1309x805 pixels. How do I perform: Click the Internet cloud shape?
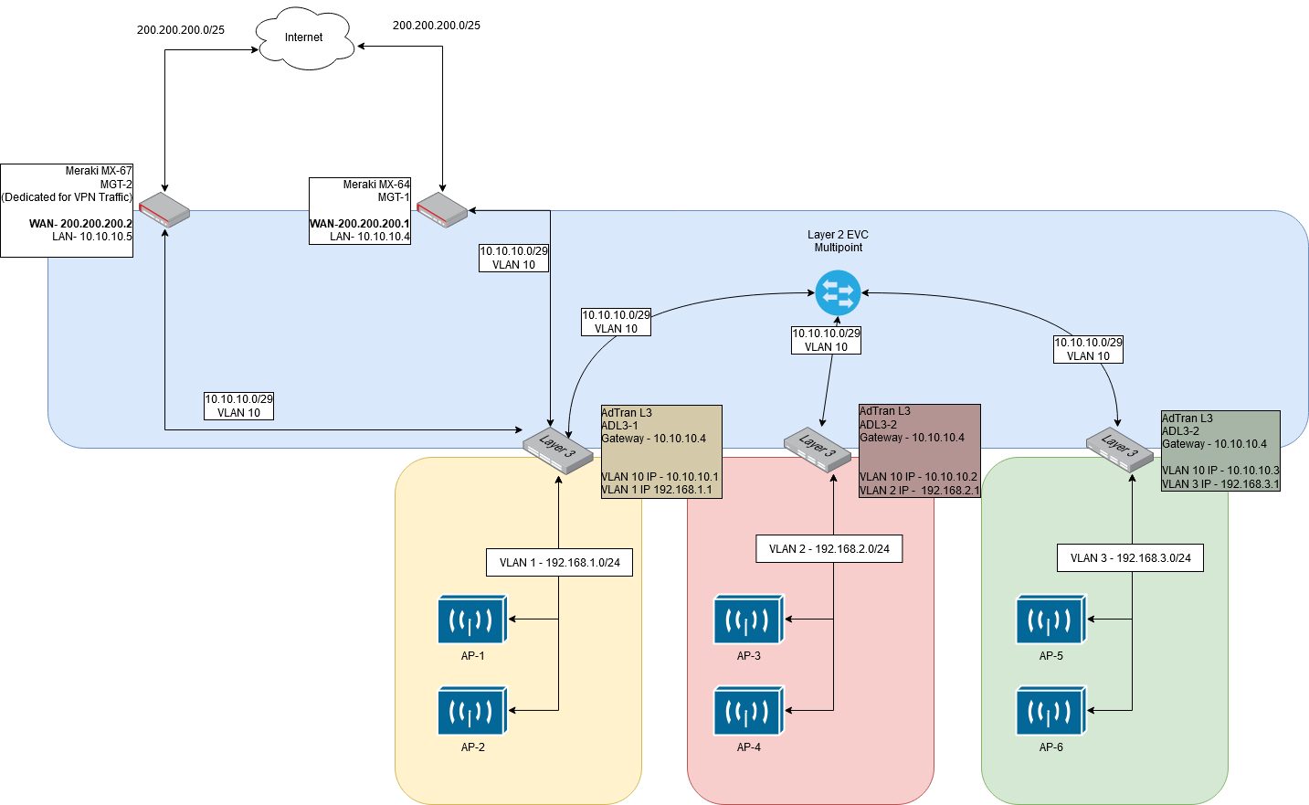(303, 38)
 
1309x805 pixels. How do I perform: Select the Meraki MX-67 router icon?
(164, 209)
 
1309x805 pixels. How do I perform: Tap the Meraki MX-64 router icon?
(442, 209)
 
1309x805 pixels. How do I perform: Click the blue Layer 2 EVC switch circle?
(838, 293)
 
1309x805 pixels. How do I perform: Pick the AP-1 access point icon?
(472, 620)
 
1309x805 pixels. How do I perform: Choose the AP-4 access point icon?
(748, 711)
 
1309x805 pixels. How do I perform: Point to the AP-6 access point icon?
(1050, 711)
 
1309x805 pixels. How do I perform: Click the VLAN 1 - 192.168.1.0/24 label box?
(559, 563)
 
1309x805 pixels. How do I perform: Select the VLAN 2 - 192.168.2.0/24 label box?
(829, 549)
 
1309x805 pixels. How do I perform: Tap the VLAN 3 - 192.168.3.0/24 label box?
(1130, 558)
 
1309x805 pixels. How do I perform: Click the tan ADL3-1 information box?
(661, 451)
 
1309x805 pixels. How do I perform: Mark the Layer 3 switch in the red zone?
(818, 448)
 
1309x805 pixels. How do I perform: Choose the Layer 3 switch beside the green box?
(1119, 449)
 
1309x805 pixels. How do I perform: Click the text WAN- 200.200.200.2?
(80, 224)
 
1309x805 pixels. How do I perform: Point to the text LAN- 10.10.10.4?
(370, 237)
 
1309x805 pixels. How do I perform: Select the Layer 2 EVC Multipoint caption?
(838, 241)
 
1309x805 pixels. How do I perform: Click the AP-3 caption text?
(748, 656)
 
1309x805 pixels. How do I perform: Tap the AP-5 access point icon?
(1050, 620)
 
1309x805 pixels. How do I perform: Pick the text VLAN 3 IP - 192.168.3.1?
(1219, 484)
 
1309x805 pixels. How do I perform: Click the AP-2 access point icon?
(472, 711)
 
